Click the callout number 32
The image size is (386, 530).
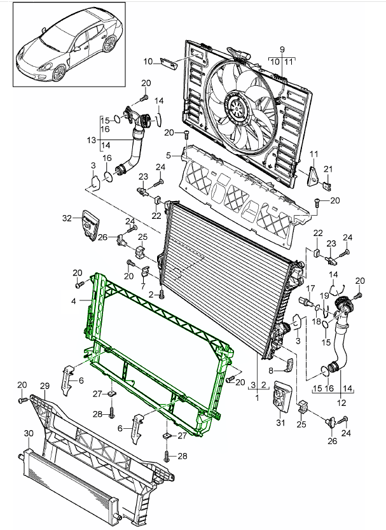68,218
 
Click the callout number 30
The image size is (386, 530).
28,433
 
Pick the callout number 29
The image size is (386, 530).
44,386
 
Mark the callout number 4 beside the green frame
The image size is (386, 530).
74,300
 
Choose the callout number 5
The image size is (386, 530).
169,155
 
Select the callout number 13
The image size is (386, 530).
91,140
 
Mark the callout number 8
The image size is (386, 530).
271,370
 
